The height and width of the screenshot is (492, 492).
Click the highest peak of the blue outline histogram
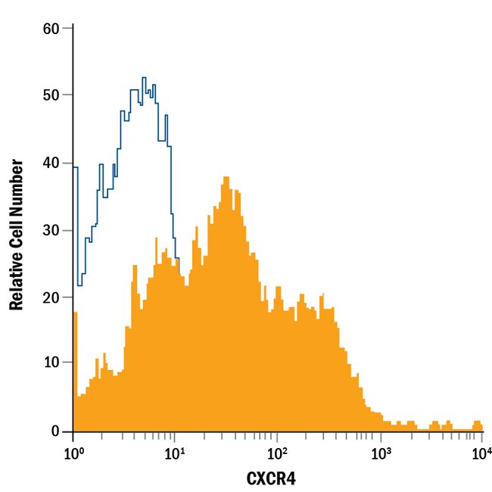tap(144, 78)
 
